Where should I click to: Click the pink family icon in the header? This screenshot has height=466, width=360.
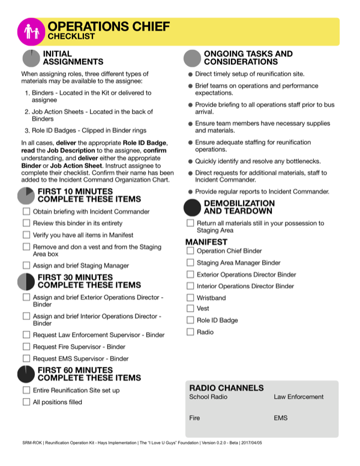[x=31, y=31]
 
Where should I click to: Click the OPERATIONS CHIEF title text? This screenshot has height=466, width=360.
[x=108, y=26]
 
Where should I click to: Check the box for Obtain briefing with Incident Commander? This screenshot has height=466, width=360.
[x=26, y=211]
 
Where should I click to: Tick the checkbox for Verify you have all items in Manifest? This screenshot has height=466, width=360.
[x=26, y=235]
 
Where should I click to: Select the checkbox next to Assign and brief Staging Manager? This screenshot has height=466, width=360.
[x=26, y=265]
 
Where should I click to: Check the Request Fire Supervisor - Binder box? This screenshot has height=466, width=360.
[x=26, y=346]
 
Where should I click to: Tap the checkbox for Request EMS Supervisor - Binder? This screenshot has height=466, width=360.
[x=26, y=359]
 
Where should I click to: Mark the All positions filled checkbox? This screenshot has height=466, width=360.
[x=26, y=402]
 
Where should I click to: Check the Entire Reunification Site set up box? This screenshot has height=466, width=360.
[x=26, y=390]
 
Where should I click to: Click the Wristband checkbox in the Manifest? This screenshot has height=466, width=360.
[x=190, y=297]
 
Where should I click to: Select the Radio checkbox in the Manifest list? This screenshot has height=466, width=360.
[x=190, y=331]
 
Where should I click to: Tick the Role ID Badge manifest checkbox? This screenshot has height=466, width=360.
[x=190, y=320]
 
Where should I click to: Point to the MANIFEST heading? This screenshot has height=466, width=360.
[x=205, y=242]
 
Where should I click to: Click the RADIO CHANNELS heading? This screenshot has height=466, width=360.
[x=226, y=388]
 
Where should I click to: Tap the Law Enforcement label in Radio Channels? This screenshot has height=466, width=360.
[x=298, y=397]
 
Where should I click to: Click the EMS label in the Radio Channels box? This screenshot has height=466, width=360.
[x=280, y=417]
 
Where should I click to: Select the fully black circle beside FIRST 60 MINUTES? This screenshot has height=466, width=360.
[x=26, y=374]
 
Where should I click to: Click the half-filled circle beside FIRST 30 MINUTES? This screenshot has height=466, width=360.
[x=26, y=282]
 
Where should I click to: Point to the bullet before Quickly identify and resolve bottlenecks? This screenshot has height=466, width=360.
[x=190, y=162]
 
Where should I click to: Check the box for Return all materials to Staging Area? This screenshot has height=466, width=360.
[x=190, y=223]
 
